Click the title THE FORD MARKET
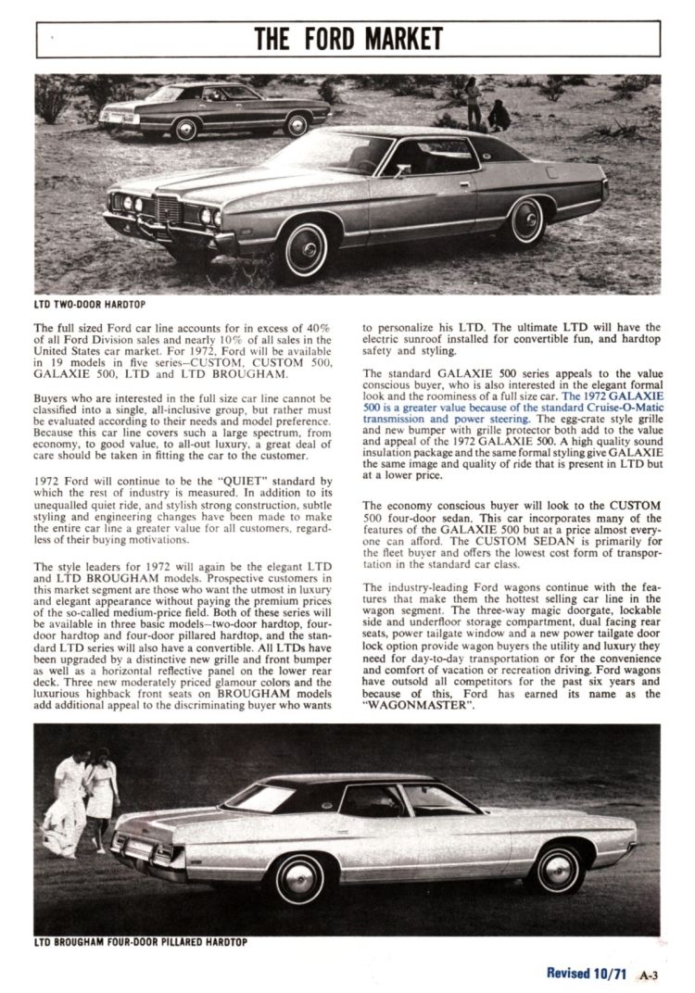click(348, 39)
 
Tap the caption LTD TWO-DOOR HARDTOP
click(89, 304)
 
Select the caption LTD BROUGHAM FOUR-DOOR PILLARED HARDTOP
click(140, 944)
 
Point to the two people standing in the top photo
click(486, 107)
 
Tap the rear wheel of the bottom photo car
click(560, 869)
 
